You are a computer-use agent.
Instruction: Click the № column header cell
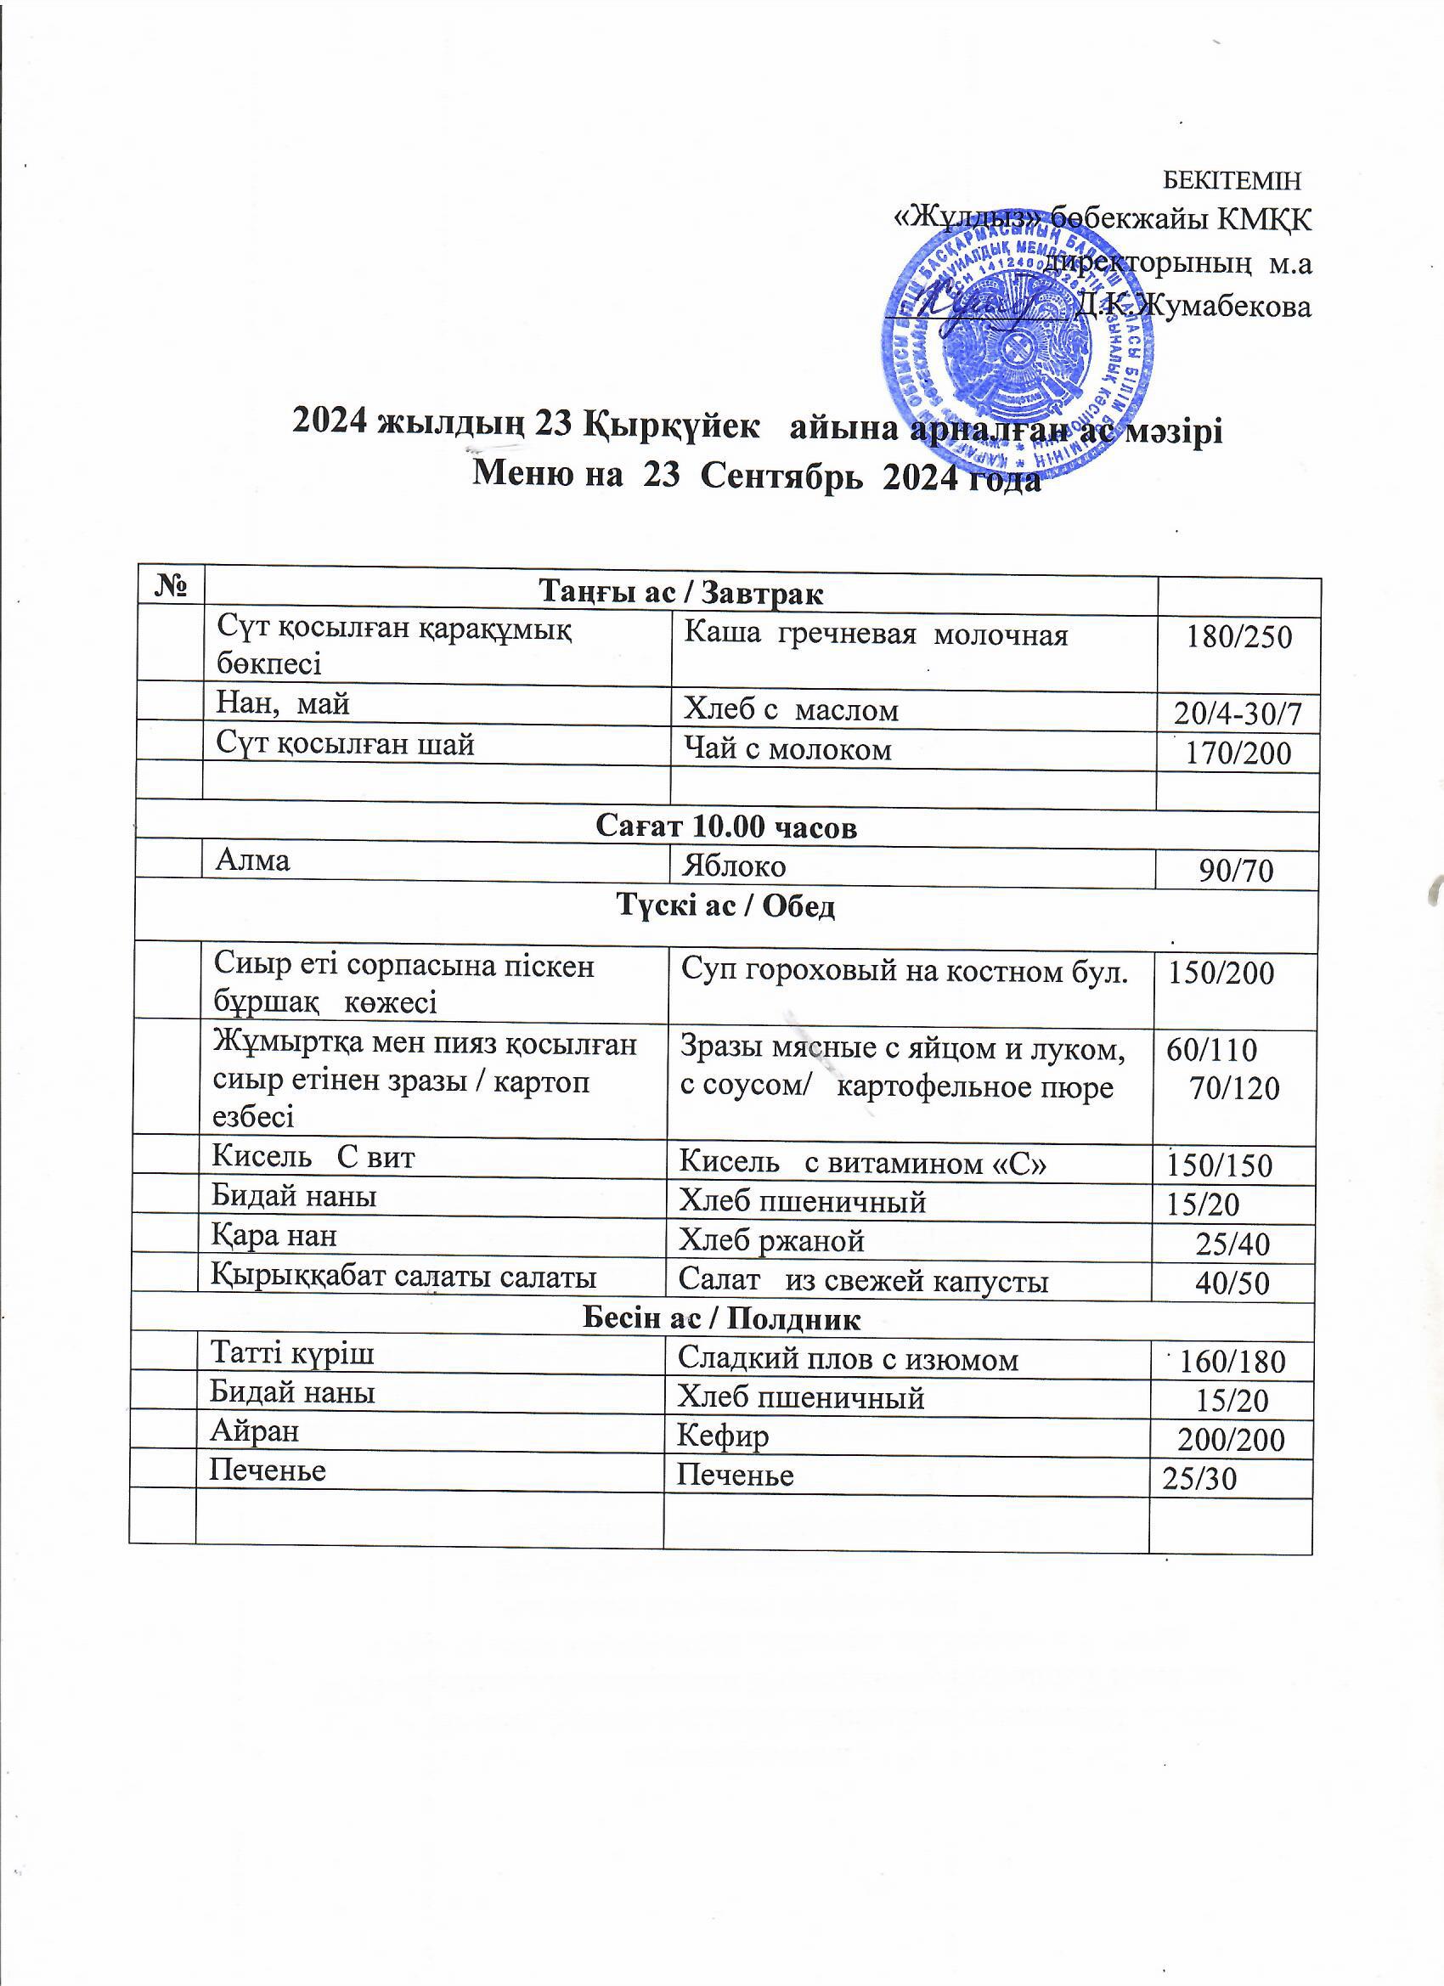(170, 585)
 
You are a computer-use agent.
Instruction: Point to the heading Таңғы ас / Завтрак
(680, 594)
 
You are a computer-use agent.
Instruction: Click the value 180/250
(1238, 636)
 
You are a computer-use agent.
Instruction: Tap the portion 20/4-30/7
(1238, 714)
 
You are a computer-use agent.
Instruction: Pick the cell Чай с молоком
(787, 749)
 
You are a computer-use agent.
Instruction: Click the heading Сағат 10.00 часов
(726, 827)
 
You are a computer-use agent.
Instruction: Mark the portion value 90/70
(1236, 871)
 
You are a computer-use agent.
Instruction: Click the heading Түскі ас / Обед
(726, 906)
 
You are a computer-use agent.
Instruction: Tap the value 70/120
(1234, 1088)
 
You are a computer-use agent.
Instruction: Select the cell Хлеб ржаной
(772, 1241)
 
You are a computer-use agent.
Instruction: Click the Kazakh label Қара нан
(274, 1236)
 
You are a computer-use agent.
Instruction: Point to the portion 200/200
(1230, 1440)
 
